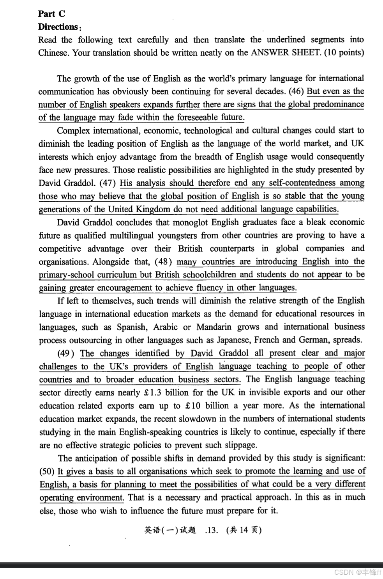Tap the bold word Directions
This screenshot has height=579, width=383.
[58, 27]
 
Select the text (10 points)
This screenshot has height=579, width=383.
[344, 53]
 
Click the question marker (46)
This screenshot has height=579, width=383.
[297, 92]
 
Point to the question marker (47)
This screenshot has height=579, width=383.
[108, 183]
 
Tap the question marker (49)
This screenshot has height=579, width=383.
[66, 353]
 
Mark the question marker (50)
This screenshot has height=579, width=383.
[47, 471]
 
